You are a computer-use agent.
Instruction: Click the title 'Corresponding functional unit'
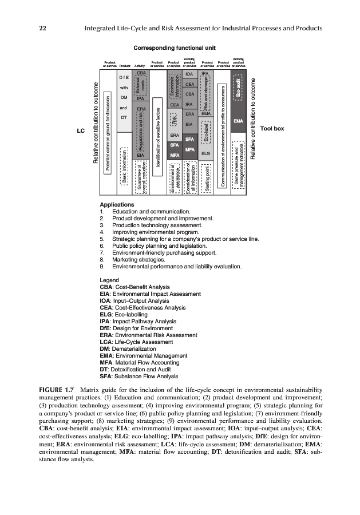coord(174,47)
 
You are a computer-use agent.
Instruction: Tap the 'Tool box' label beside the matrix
coord(272,129)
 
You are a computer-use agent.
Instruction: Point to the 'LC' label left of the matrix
coord(80,131)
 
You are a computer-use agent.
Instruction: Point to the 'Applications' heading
coord(117,204)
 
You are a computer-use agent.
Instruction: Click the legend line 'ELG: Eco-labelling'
coord(124,314)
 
